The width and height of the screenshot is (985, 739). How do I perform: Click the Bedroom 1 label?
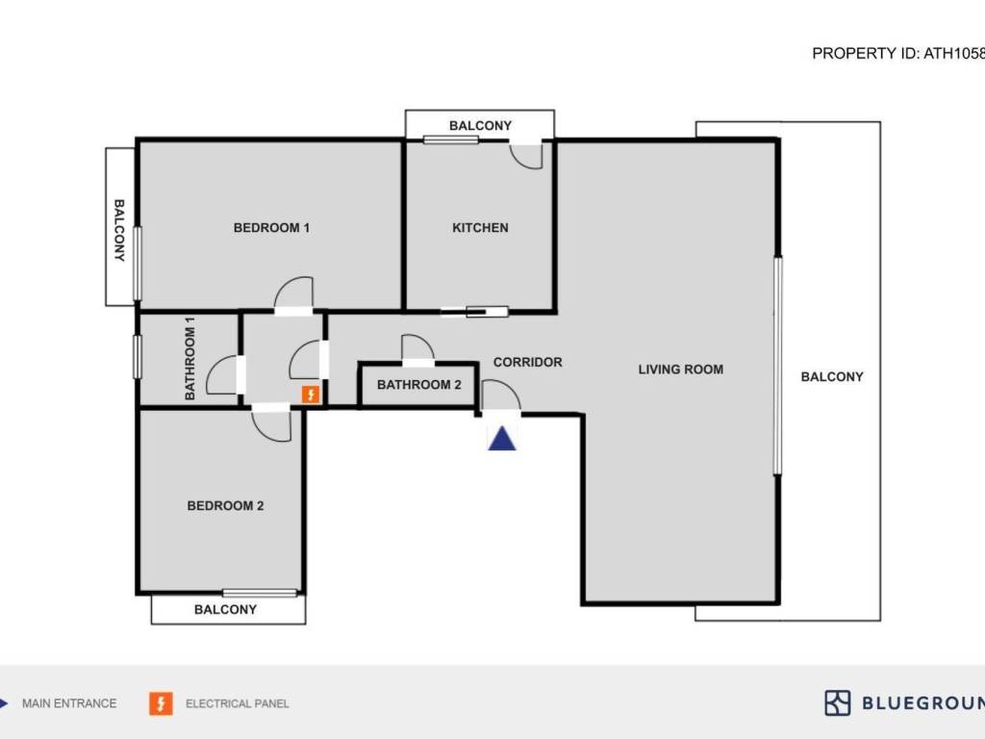pyautogui.click(x=271, y=228)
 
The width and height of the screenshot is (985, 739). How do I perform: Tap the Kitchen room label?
pyautogui.click(x=480, y=228)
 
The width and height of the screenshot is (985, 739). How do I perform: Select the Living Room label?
pyautogui.click(x=680, y=369)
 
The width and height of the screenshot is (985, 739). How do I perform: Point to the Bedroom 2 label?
pyautogui.click(x=225, y=506)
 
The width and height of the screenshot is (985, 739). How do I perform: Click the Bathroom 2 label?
pyautogui.click(x=418, y=385)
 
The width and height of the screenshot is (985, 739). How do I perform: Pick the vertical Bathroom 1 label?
pyautogui.click(x=189, y=358)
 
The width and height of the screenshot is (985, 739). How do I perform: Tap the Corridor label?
pyautogui.click(x=527, y=363)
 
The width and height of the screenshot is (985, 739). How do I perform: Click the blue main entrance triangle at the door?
pyautogui.click(x=502, y=439)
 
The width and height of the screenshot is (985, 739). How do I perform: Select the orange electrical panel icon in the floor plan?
pyautogui.click(x=311, y=395)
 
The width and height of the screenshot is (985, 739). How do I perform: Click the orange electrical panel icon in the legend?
pyautogui.click(x=161, y=703)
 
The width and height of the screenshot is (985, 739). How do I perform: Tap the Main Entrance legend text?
pyautogui.click(x=69, y=703)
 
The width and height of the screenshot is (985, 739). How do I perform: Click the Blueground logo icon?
pyautogui.click(x=837, y=702)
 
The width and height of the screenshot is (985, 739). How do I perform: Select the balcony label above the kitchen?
pyautogui.click(x=480, y=126)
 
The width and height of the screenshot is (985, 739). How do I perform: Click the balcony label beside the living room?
pyautogui.click(x=832, y=377)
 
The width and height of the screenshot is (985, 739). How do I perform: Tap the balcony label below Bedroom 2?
pyautogui.click(x=225, y=609)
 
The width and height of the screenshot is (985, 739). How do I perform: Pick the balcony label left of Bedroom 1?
pyautogui.click(x=120, y=231)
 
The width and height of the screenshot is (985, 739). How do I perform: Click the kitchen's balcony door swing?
pyautogui.click(x=527, y=155)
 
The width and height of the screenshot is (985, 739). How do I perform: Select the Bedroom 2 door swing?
pyautogui.click(x=272, y=424)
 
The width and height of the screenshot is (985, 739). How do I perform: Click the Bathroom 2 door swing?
pyautogui.click(x=417, y=348)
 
